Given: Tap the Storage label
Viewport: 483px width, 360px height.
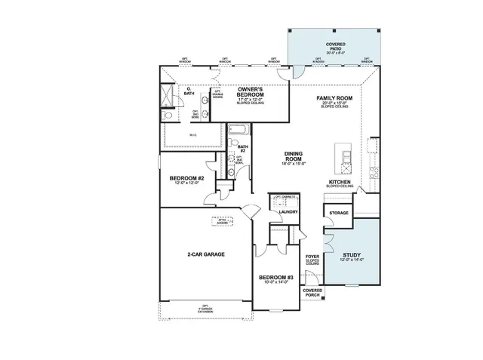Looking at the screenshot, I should pos(339,214).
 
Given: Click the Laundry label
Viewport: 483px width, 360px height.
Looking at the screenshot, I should pos(288,212).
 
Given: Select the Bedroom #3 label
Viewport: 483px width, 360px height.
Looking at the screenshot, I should pos(275,278).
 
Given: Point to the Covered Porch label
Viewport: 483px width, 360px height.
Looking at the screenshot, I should pos(312,292).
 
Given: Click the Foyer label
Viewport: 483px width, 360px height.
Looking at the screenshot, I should pos(312,260).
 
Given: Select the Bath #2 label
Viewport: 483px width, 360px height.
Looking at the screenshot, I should pos(243,149).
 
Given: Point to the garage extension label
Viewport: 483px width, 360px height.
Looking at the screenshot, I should pos(204,309).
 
